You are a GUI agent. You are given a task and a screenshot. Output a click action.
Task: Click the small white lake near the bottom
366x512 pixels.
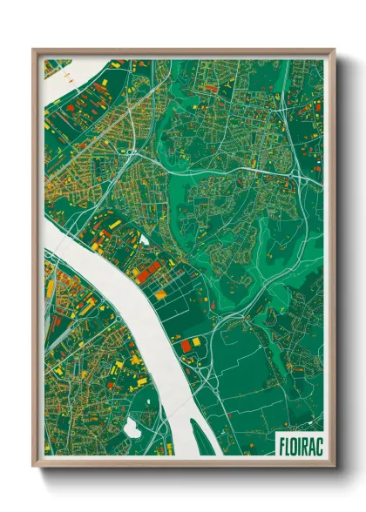click(x=133, y=428)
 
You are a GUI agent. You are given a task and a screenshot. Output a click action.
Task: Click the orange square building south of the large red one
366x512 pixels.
click(x=160, y=295)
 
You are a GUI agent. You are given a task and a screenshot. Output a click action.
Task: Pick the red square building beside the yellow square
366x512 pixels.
click(x=186, y=345)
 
